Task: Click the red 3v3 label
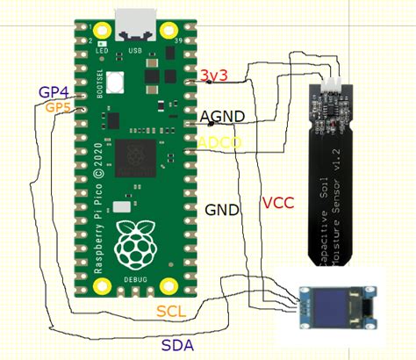point(214,76)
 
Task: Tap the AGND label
point(222,116)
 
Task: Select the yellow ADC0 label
point(214,141)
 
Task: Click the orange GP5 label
point(58,107)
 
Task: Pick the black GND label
point(221,211)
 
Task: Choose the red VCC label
point(277,203)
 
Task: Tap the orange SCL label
point(172,311)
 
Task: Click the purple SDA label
point(177,343)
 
